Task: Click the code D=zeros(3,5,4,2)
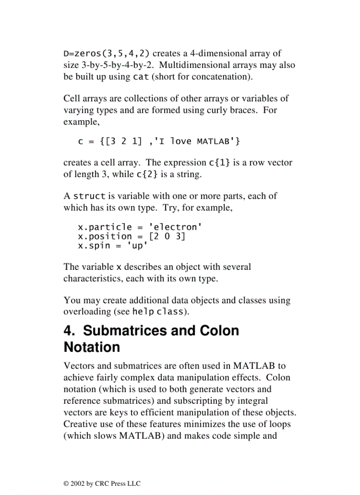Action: pos(106,54)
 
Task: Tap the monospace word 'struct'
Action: pos(89,196)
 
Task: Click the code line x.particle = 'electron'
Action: pos(140,227)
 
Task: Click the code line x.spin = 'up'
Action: pos(113,246)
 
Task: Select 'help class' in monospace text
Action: pos(157,312)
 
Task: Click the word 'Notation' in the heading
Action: pos(92,347)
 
